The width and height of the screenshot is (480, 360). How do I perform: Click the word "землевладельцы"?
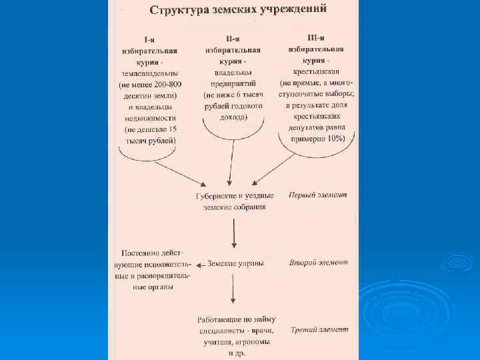coord(150,73)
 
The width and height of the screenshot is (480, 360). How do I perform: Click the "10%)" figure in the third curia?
coord(332,138)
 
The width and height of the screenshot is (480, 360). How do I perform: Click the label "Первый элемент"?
coord(318,195)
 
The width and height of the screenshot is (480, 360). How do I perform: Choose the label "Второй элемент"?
coord(318,263)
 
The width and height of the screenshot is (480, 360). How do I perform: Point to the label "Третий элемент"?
coord(319,329)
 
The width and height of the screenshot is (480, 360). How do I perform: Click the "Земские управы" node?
coord(235,263)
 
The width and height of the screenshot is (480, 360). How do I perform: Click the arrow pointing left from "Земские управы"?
coord(199,265)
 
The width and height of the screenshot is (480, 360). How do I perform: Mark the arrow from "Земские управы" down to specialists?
coord(232,291)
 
